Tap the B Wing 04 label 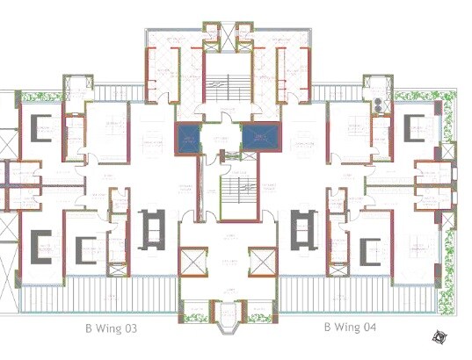[350, 328]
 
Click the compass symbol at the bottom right [440, 335]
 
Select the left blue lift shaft [188, 139]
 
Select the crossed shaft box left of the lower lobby [191, 262]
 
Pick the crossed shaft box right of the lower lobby [262, 262]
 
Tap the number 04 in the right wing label [368, 328]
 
